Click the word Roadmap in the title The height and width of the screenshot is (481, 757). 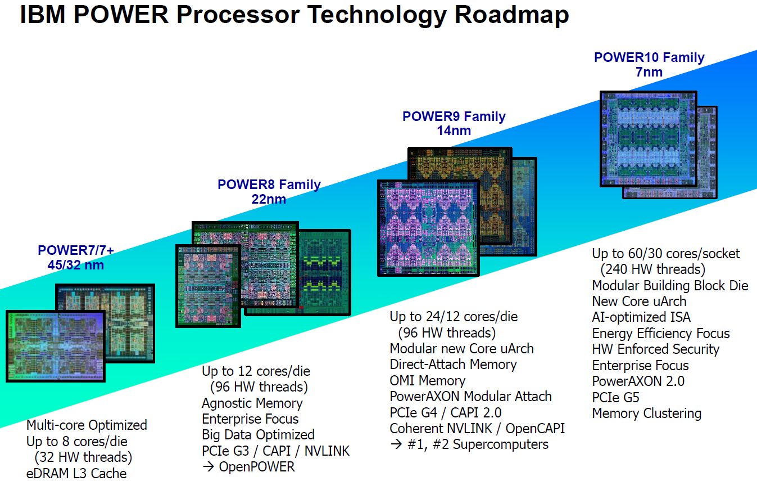[x=511, y=15]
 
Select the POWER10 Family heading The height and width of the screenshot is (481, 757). [x=649, y=57]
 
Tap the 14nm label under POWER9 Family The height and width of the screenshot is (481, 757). [x=454, y=131]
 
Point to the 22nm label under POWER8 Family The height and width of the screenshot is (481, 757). [x=269, y=199]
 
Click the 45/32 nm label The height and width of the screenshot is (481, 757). [x=75, y=264]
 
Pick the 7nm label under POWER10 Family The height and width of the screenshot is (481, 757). [x=649, y=72]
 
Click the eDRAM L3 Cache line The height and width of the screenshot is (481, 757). [x=76, y=473]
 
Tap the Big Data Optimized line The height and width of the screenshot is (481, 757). [x=258, y=435]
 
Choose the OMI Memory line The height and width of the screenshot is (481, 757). [x=427, y=381]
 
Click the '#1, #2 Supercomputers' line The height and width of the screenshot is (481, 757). [x=469, y=444]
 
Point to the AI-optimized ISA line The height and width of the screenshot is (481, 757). [x=641, y=317]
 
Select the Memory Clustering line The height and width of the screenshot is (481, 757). [x=646, y=413]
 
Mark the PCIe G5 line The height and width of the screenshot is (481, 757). [x=615, y=397]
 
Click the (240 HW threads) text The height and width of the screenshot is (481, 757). [x=652, y=269]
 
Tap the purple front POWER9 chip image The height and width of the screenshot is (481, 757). [x=428, y=227]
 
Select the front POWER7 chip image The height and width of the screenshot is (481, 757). [x=55, y=345]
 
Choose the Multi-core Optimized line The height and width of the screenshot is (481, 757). [x=87, y=425]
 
